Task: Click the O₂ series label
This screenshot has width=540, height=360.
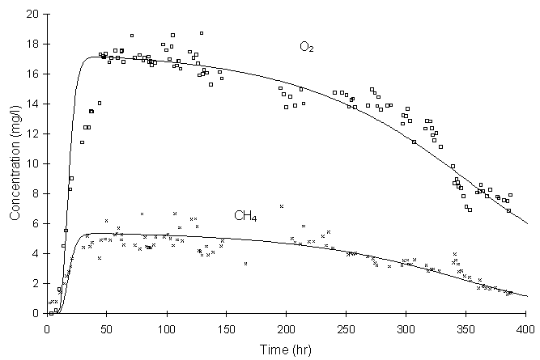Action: tap(307, 47)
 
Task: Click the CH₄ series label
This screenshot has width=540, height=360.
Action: tap(246, 216)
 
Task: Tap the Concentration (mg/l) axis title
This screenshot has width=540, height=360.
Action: tap(14, 163)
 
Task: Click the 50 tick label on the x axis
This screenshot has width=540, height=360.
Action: tap(107, 328)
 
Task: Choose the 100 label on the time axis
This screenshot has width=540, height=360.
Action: tap(167, 328)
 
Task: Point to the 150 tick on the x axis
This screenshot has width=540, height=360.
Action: tap(227, 328)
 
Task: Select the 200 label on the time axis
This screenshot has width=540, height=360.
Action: tap(287, 328)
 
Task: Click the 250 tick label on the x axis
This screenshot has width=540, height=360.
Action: tap(347, 328)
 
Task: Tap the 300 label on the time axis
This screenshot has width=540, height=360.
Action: tap(406, 328)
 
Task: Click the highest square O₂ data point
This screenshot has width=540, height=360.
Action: tap(202, 33)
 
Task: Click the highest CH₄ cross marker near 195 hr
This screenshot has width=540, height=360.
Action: tap(281, 206)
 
